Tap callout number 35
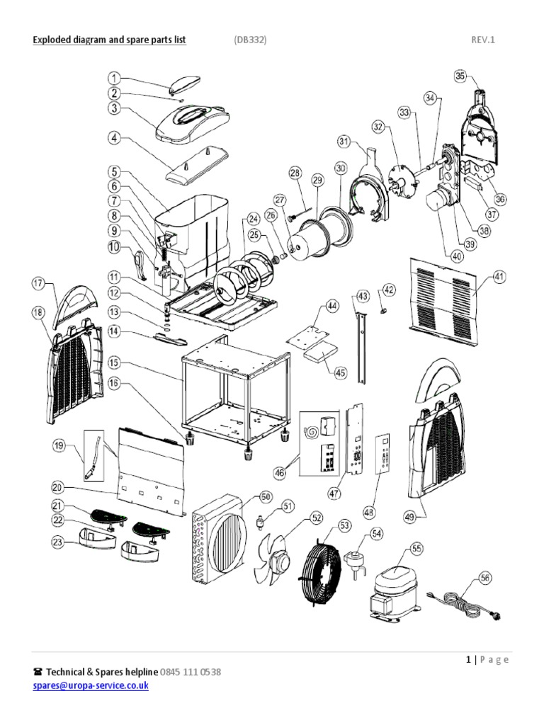(460, 76)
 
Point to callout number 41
(500, 277)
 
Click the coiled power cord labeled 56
(465, 603)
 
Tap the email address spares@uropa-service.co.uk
(91, 686)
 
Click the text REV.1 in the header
(483, 40)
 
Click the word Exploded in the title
(52, 40)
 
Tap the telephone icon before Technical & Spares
(38, 671)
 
